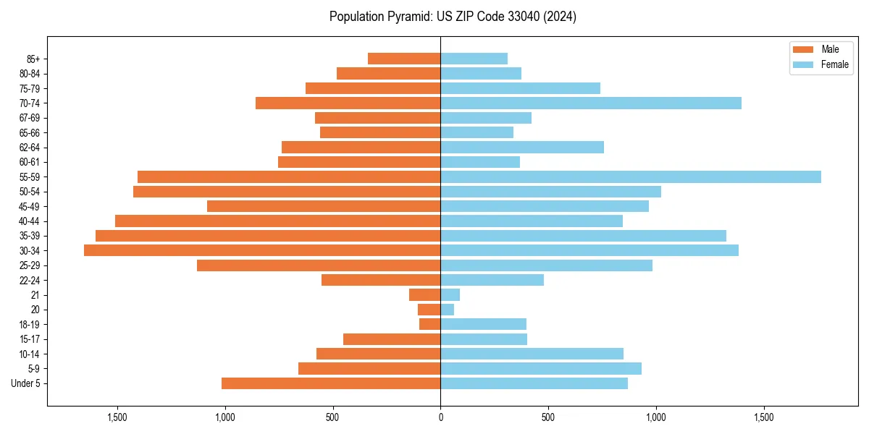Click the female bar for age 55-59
630,176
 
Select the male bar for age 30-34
262,250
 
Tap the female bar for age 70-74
590,103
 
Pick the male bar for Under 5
331,383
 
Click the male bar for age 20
429,310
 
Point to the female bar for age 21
450,294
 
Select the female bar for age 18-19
483,324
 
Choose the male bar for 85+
404,59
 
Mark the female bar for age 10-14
532,354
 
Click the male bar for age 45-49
324,206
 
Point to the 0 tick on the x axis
440,417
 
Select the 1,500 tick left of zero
117,417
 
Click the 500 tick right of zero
548,417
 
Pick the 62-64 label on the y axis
29,148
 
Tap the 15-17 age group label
29,339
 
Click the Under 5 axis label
26,383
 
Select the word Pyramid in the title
410,17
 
